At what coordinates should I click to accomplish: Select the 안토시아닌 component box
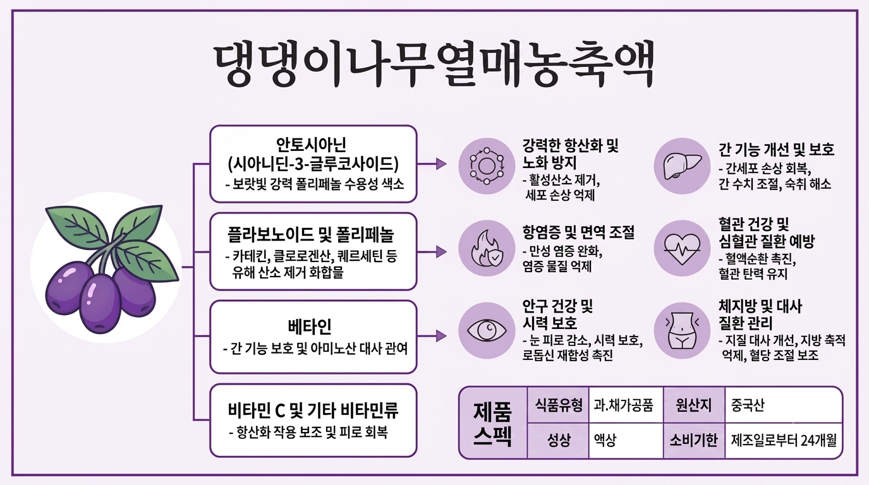tap(313, 164)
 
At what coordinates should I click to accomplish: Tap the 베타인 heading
tap(309, 326)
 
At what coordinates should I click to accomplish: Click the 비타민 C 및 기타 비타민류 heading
tap(313, 410)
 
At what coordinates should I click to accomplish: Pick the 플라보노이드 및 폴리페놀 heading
tap(310, 234)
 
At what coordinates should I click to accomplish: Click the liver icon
tap(683, 166)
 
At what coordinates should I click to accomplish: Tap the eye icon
tap(487, 330)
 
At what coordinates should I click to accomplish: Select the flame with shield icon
tap(487, 248)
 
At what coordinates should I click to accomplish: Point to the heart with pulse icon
tap(683, 248)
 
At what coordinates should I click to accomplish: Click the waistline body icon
tap(683, 330)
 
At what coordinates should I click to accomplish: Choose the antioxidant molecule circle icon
tap(487, 166)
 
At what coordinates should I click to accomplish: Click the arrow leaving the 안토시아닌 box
tap(432, 164)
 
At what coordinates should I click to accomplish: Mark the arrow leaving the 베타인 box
tap(432, 336)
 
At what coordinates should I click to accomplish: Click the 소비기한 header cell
tap(694, 440)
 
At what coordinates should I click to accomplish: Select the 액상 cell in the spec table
tap(626, 440)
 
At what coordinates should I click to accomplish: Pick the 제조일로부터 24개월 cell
tap(784, 440)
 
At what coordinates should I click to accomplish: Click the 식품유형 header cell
tap(558, 405)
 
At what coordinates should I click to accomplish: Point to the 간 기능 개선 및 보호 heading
tap(776, 150)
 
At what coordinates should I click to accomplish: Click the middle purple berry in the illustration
tap(100, 303)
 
